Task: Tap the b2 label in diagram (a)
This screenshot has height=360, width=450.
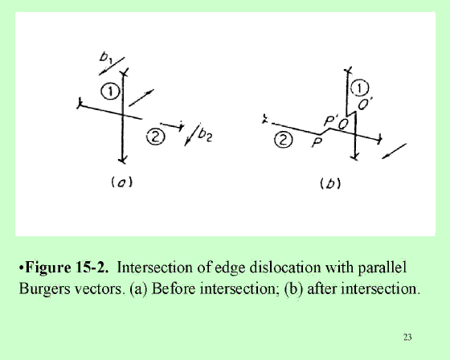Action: click(x=205, y=135)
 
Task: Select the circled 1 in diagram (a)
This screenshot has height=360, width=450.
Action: click(x=110, y=92)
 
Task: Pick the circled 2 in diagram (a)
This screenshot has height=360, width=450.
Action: click(x=156, y=137)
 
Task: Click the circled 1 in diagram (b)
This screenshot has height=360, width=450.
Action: click(x=360, y=88)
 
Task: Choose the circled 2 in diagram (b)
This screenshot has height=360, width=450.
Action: click(x=283, y=140)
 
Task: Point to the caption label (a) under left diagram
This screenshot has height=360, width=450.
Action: click(x=121, y=182)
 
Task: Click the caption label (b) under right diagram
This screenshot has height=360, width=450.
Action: click(x=330, y=183)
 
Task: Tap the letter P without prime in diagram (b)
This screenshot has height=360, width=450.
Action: click(x=317, y=142)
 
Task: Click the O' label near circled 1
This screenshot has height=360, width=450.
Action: click(x=365, y=104)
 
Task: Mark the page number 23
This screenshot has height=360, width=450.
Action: click(x=407, y=337)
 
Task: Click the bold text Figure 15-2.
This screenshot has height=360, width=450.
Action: click(x=67, y=268)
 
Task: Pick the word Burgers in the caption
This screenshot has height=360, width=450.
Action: click(x=44, y=289)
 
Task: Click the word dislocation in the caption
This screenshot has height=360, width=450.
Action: click(x=285, y=268)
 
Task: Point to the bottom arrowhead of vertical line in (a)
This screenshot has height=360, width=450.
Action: click(x=123, y=160)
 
